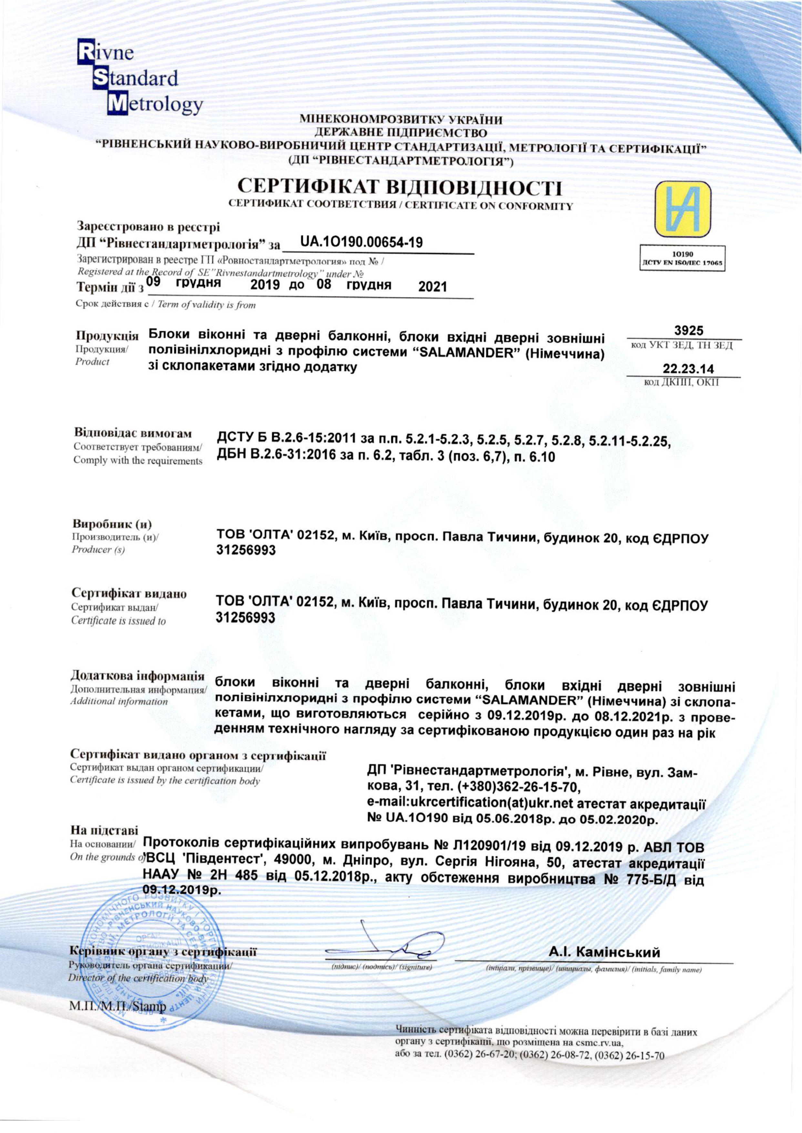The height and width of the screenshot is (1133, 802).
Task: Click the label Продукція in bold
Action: [x=107, y=335]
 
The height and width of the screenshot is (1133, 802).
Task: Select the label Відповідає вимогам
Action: [x=133, y=434]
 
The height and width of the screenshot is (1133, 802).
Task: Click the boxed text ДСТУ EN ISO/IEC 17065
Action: [x=682, y=263]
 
